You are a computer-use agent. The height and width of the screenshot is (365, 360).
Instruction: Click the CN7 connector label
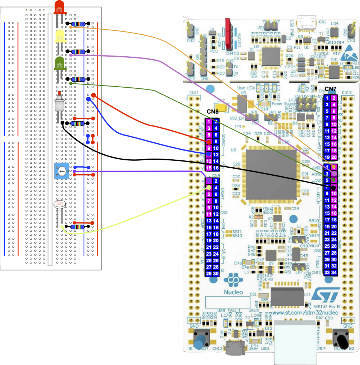(x=330, y=90)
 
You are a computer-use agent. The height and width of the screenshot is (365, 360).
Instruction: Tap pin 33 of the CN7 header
(x=328, y=272)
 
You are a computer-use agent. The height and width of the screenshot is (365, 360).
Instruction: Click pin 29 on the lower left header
(x=209, y=274)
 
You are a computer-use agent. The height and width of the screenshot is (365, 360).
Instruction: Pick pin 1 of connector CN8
(x=208, y=122)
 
